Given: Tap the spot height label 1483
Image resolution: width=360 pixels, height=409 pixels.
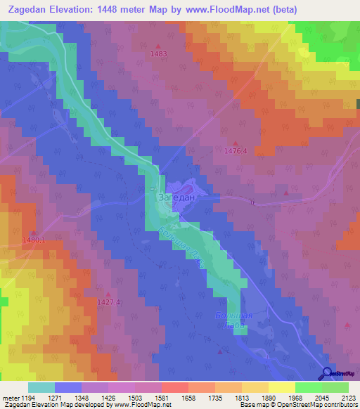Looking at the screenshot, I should tap(159, 54).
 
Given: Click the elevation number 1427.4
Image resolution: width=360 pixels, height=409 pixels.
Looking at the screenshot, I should tap(109, 302).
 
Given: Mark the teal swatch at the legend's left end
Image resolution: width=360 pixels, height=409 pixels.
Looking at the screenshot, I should tap(41, 387).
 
